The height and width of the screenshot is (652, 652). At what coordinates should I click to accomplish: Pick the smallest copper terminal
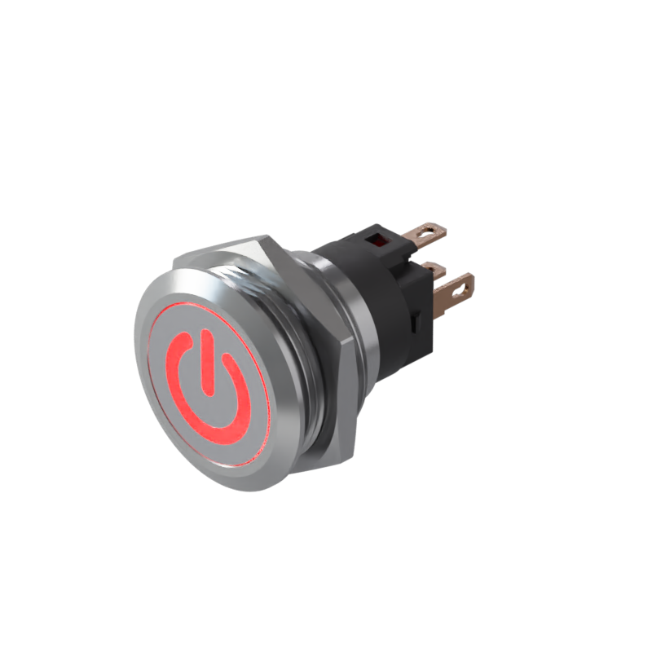(x=434, y=268)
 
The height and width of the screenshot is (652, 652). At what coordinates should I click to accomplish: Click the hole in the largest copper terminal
(x=465, y=285)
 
